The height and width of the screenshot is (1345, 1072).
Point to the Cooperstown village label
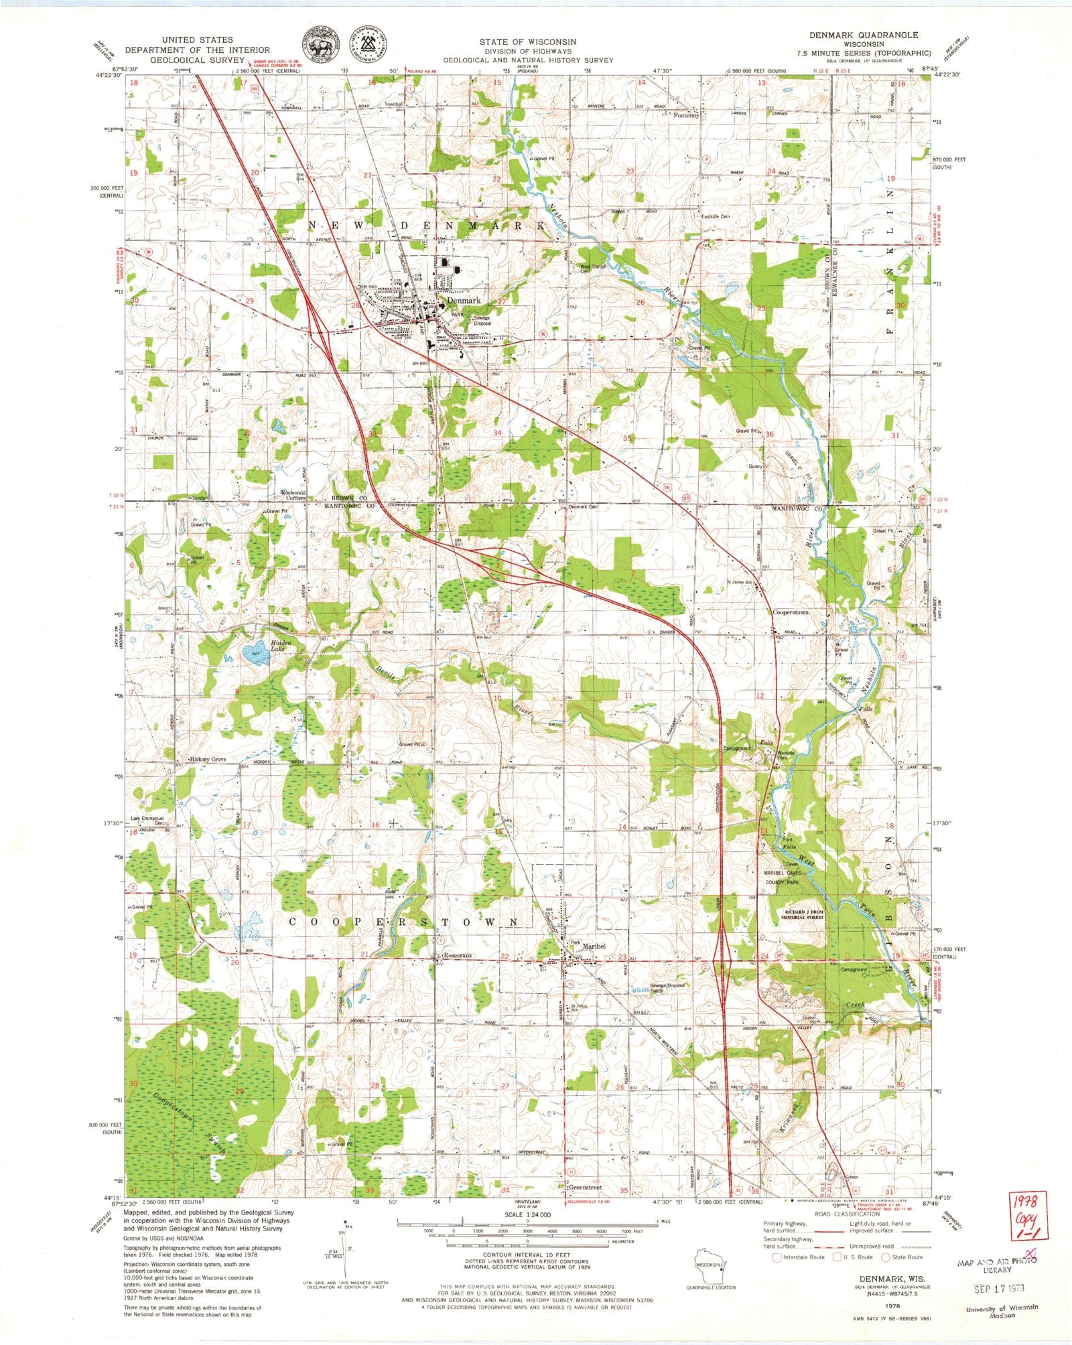(x=791, y=612)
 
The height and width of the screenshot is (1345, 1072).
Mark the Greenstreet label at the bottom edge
(x=585, y=1188)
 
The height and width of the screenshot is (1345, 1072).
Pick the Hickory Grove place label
(x=208, y=760)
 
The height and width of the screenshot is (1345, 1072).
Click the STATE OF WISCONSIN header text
(x=527, y=42)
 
